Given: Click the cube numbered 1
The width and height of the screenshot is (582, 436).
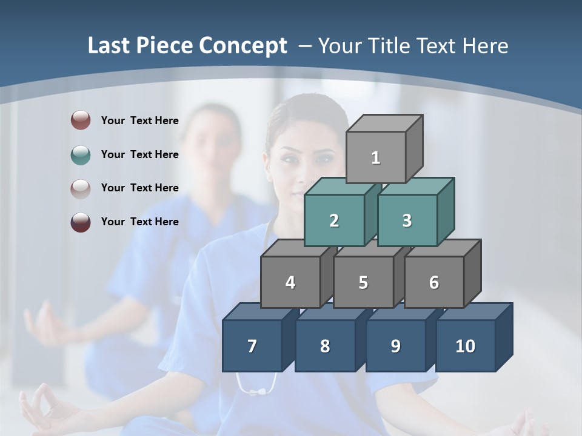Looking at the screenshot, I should click(x=376, y=157).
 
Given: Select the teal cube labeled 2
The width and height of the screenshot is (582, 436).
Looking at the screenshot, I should click(x=334, y=220).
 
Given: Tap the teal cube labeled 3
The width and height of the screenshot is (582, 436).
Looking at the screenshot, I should click(x=407, y=220).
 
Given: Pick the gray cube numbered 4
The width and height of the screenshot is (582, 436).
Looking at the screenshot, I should click(x=290, y=282).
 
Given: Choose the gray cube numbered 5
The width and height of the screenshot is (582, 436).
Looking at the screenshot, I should click(x=363, y=282).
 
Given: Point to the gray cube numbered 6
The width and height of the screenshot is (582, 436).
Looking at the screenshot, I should click(x=434, y=282).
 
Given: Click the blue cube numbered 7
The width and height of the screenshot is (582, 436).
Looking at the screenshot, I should click(x=252, y=346).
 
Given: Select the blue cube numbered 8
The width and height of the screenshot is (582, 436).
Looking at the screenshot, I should click(x=325, y=346).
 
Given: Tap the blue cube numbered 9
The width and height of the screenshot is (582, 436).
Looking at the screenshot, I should click(x=395, y=346).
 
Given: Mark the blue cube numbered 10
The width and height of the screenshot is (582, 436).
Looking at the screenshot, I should click(x=466, y=346).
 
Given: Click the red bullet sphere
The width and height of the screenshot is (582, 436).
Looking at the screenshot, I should click(x=80, y=121).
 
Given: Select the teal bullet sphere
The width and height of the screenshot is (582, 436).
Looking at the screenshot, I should click(x=80, y=154).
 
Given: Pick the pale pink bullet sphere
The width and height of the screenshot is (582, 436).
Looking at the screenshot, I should click(x=80, y=188).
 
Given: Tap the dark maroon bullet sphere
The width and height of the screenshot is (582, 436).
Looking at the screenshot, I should click(x=80, y=222).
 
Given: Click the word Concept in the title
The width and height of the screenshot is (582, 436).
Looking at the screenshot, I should click(x=243, y=46).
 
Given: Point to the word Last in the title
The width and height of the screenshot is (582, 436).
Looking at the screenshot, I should click(x=110, y=46).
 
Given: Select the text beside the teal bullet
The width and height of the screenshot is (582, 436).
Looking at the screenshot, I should click(x=139, y=154).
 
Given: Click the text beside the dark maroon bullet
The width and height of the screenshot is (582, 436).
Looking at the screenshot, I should click(x=139, y=222).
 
